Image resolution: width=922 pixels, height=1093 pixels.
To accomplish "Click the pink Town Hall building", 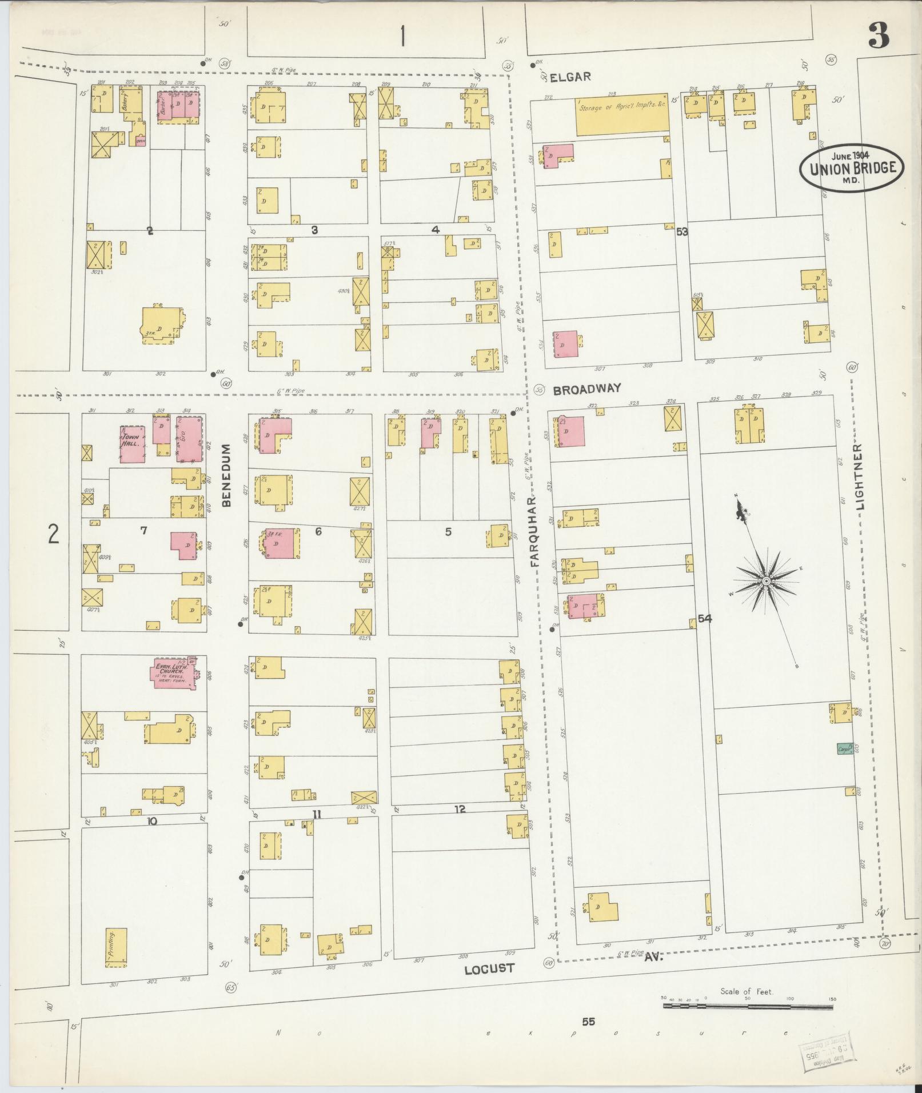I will click(x=132, y=444).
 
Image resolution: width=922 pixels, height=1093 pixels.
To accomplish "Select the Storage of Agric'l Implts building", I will click(x=621, y=114).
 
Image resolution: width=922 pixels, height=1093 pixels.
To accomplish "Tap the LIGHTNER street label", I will click(x=861, y=475).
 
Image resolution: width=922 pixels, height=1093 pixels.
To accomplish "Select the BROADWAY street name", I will click(x=586, y=389).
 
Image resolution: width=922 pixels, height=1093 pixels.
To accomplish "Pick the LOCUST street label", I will click(x=489, y=968).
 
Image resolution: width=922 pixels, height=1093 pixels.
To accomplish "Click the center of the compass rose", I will click(x=766, y=581).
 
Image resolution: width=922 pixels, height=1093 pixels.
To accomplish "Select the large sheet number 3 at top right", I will click(x=879, y=35).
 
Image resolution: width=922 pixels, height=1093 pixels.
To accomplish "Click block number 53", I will click(x=681, y=231).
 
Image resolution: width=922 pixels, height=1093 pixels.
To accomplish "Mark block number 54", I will click(x=704, y=619).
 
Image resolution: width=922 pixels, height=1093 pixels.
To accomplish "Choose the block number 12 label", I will click(x=460, y=809).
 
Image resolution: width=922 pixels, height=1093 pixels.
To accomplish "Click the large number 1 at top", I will click(x=403, y=37).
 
